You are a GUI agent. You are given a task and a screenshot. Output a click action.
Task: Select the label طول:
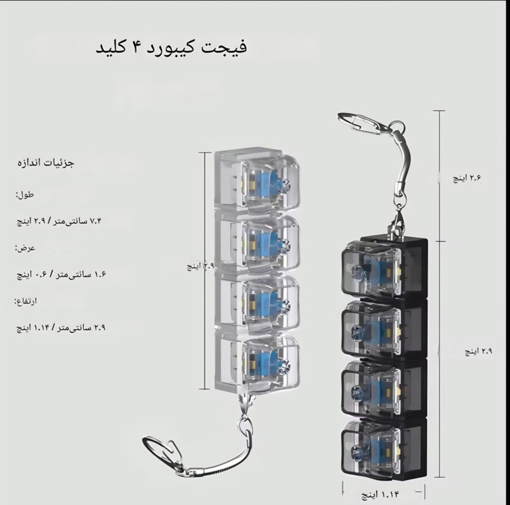pyautogui.click(x=24, y=195)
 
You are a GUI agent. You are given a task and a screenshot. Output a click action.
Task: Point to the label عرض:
pyautogui.click(x=25, y=248)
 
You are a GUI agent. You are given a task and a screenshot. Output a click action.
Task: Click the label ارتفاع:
pyautogui.click(x=28, y=301)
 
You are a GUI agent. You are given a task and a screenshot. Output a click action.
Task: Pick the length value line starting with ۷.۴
pyautogui.click(x=61, y=221)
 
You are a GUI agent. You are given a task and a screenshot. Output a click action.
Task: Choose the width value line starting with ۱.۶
pyautogui.click(x=61, y=274)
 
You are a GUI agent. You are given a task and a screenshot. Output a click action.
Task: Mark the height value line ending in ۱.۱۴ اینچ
pyautogui.click(x=61, y=327)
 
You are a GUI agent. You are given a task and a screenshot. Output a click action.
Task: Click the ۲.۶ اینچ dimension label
pyautogui.click(x=467, y=178)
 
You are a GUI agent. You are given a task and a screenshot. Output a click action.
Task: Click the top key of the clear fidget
pyautogui.click(x=257, y=182)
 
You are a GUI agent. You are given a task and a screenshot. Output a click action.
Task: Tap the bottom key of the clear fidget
pyautogui.click(x=257, y=361)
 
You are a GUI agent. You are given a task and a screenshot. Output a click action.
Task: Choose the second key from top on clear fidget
pyautogui.click(x=257, y=242)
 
